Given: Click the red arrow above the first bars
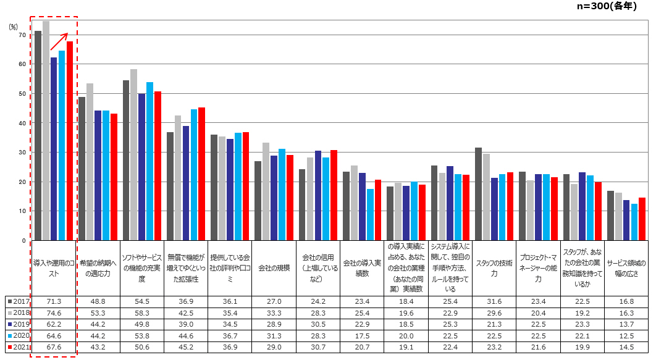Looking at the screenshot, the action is click(59, 41).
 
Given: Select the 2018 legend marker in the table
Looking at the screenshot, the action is click(10, 312).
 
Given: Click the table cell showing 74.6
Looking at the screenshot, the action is click(54, 312).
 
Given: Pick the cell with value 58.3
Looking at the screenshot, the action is click(142, 312).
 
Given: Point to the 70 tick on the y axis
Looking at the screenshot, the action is click(22, 35).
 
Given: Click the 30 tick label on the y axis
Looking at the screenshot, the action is click(22, 152).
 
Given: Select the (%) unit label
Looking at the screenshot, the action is click(14, 27).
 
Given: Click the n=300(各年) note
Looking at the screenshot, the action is click(607, 6).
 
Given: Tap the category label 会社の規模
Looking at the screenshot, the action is click(274, 268).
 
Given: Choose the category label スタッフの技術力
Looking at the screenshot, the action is click(494, 268).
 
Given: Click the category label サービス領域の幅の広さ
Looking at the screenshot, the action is click(626, 268).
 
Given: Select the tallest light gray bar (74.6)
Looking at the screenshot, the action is click(46, 130).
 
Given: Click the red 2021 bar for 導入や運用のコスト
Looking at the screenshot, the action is click(70, 141).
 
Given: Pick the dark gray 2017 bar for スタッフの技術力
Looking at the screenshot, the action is click(478, 194).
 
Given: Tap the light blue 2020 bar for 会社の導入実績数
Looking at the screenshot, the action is click(370, 214).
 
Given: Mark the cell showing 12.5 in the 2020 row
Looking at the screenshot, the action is click(626, 336).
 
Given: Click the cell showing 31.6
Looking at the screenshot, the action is click(494, 301).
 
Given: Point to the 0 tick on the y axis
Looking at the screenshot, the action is click(24, 241).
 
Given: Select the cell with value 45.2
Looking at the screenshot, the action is click(186, 347).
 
